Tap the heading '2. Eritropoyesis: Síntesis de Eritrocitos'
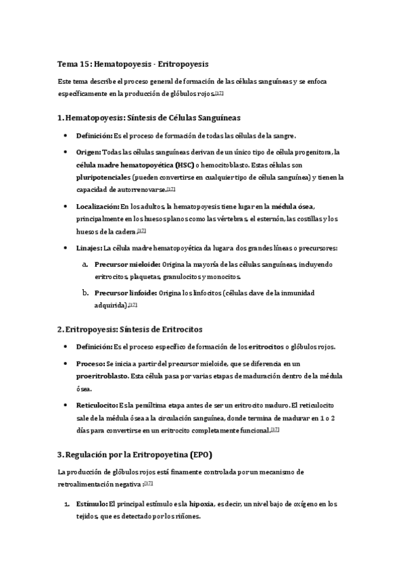130,329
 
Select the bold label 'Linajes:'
89,249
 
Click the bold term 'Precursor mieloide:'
127,264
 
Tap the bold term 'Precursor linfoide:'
126,293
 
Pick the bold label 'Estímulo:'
91,504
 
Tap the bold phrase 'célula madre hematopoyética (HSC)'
134,164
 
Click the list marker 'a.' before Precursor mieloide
85,264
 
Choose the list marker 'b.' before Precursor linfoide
85,293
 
